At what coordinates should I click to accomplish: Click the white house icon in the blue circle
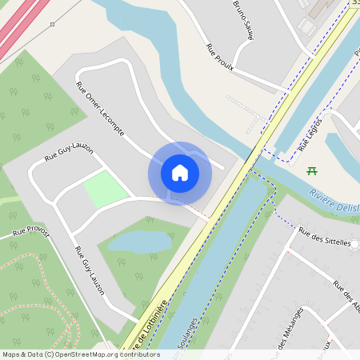(180, 172)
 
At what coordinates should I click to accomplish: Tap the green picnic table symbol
(312, 170)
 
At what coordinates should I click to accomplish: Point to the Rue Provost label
(30, 232)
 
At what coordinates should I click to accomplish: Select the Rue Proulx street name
(219, 57)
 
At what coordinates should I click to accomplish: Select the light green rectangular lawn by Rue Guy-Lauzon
(106, 190)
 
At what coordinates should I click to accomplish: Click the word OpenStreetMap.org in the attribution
(89, 354)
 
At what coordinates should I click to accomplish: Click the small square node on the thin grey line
(52, 25)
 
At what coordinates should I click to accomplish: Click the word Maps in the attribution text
(12, 354)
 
